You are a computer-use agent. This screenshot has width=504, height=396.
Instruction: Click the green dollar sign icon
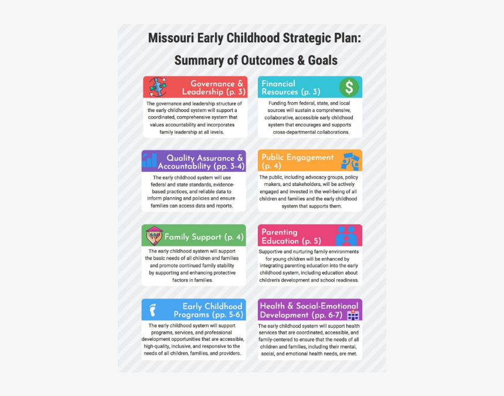tap(349, 87)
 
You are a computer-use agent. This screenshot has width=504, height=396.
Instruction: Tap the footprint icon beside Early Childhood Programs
tap(153, 310)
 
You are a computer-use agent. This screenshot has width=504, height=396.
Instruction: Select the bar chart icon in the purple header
tap(149, 160)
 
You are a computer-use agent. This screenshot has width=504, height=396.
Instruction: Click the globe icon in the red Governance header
tap(158, 87)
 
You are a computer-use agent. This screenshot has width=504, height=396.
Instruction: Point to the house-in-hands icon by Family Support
tap(154, 236)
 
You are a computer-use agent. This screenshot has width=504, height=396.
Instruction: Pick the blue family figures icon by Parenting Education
tap(346, 236)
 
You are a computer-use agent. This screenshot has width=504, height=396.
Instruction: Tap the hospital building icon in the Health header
tap(353, 315)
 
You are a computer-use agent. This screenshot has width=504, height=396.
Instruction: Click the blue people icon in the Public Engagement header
tap(350, 161)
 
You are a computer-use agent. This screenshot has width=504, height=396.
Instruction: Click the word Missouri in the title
tap(171, 38)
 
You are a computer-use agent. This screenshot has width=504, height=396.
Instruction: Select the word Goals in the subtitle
tap(323, 60)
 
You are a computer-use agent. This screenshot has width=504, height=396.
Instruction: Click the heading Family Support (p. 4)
tap(204, 237)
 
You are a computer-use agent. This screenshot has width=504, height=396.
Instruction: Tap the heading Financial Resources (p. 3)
tap(291, 88)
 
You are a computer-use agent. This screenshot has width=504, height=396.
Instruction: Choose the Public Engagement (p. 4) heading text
tap(297, 161)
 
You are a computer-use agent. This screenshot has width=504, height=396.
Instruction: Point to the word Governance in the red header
tap(213, 84)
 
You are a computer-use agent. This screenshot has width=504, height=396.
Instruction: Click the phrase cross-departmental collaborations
tap(311, 132)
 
